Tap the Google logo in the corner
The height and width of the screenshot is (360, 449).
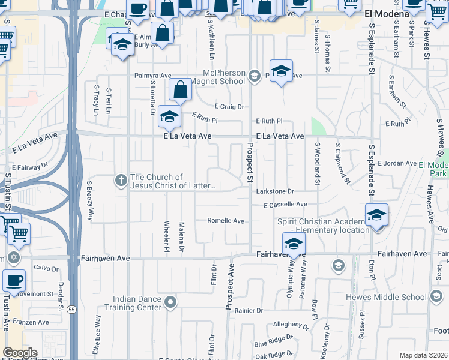20,353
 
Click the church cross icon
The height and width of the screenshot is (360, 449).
121,179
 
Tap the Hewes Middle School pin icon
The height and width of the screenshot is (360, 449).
435,296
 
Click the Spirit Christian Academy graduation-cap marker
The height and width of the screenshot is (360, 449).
376,215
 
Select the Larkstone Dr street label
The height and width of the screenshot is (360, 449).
275,191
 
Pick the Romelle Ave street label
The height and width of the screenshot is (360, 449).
226,221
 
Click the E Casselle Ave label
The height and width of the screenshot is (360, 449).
285,205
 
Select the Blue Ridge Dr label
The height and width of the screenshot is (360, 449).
273,342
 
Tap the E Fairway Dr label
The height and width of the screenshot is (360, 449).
29,167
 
